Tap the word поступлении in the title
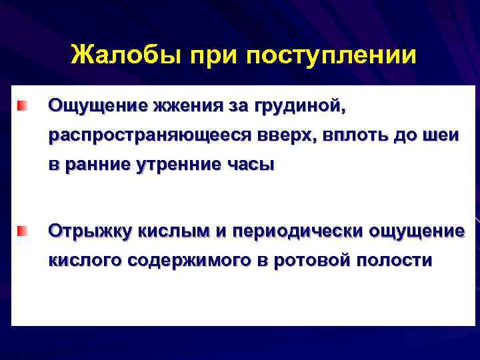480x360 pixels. pos(331,55)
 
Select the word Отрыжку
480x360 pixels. pos(90,231)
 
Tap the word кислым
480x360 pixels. pos(173,231)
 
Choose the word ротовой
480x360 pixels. pos(311,261)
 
